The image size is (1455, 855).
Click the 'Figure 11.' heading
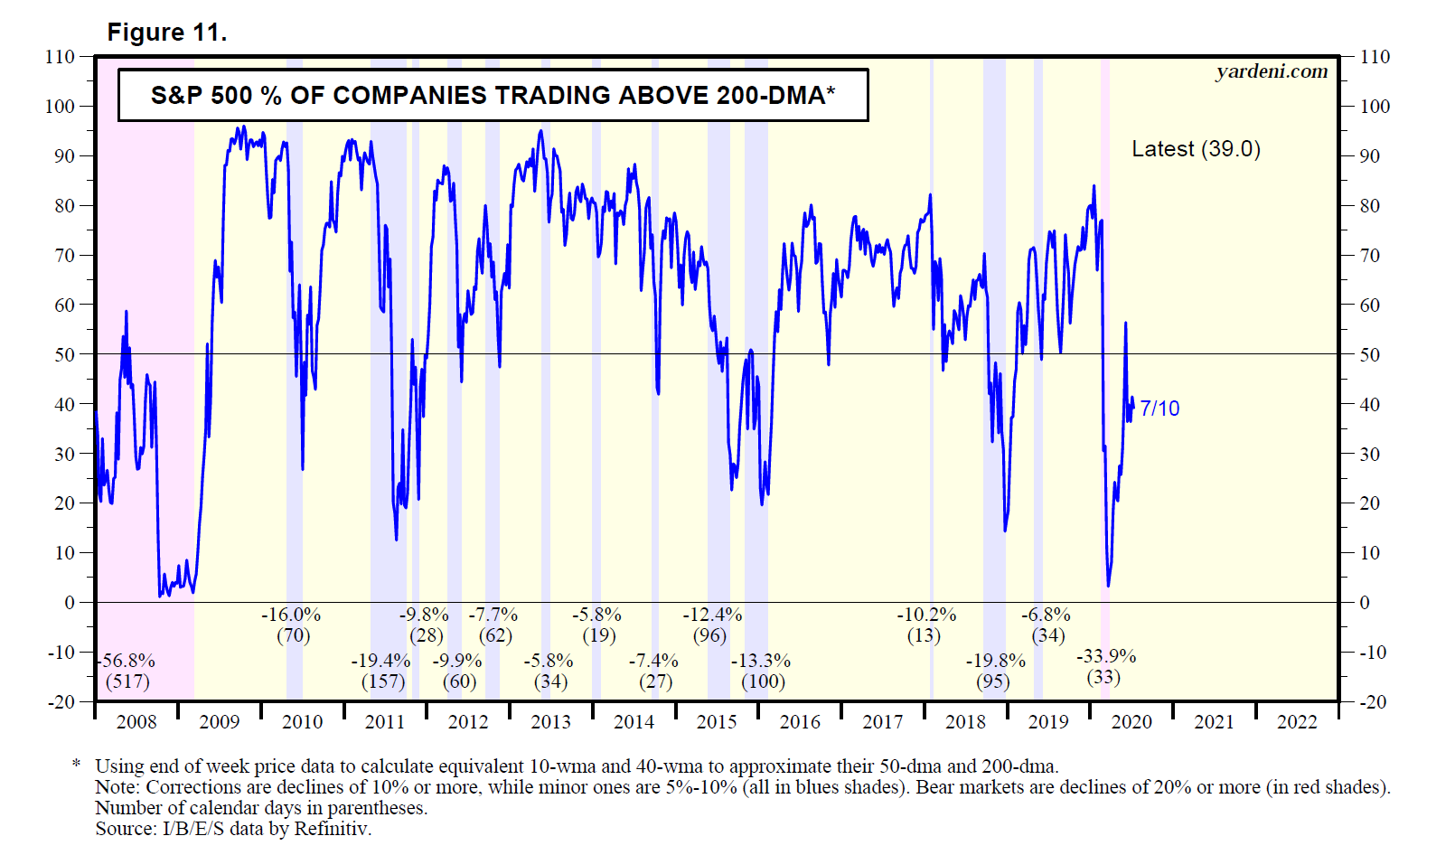pos(167,33)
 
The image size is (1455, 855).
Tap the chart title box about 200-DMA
pos(493,95)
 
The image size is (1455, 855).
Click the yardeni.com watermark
pos(1272,71)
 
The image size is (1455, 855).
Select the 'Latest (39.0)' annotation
pos(1196,149)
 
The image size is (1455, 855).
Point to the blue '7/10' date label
pos(1159,409)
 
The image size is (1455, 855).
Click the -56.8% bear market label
pos(127,661)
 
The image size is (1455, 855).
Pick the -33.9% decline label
pos(1105,656)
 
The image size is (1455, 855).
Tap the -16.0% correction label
pos(291,615)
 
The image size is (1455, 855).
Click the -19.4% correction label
pos(380,661)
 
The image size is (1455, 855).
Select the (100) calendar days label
pos(763,681)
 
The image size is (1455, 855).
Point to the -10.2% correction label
pos(926,615)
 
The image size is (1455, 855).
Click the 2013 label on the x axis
pos(550,722)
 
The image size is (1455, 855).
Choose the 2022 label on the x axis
pos(1297,722)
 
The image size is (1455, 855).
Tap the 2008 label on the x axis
pos(136,722)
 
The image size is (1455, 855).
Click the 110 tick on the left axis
pos(61,57)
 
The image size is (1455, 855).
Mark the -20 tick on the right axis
pos(1369,701)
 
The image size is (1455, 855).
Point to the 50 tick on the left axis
pos(64,354)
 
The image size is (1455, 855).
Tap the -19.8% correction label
pos(995,661)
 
